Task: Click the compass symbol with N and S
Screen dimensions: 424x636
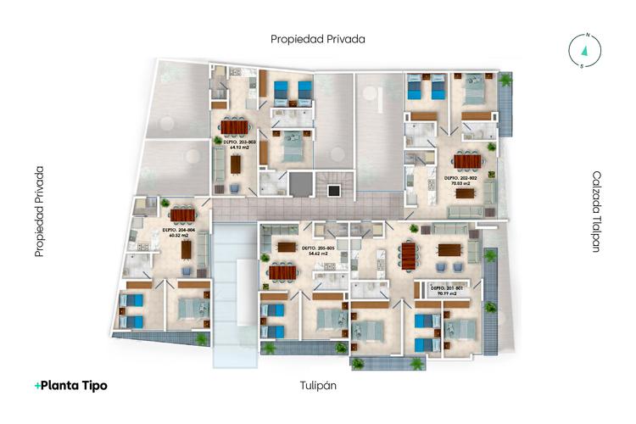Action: (584, 49)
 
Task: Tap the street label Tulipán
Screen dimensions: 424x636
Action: (319, 385)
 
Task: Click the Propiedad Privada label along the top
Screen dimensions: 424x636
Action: (317, 39)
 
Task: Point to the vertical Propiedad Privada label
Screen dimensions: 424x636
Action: (39, 212)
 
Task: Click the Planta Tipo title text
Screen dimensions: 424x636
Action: (71, 385)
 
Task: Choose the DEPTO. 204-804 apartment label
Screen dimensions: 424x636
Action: (179, 232)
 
